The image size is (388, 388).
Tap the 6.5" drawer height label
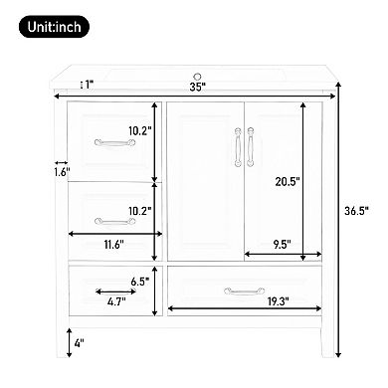[140, 281]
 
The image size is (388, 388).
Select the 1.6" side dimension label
[63, 172]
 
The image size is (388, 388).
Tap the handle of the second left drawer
[110, 222]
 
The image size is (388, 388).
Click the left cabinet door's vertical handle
[235, 148]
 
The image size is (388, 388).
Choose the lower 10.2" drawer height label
[138, 211]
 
